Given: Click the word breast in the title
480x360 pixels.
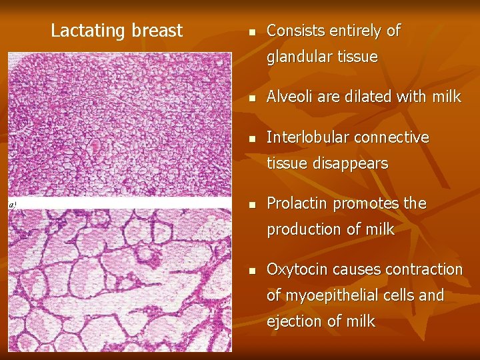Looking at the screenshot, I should click(x=157, y=31).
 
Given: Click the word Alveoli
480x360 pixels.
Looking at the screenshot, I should click(x=290, y=97).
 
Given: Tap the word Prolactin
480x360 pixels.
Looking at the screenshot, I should click(x=297, y=203).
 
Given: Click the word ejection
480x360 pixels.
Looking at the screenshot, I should click(x=294, y=321).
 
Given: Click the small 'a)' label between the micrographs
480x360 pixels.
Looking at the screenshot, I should click(x=13, y=204).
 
